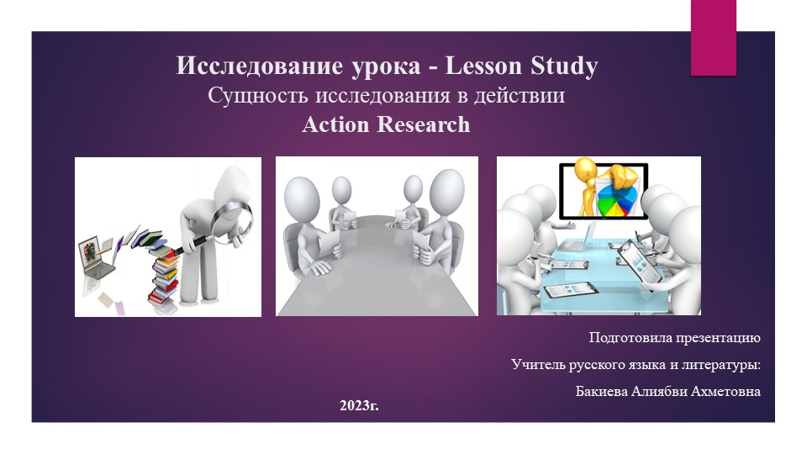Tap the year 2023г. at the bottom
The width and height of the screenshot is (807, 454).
(x=359, y=406)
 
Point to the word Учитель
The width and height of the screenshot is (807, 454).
(x=539, y=365)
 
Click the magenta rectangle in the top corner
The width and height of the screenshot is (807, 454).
(x=713, y=37)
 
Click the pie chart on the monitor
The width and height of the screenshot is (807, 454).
(x=621, y=202)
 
